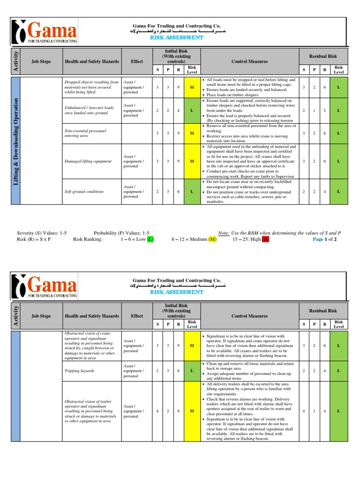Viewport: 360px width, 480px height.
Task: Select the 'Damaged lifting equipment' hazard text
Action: point(88,161)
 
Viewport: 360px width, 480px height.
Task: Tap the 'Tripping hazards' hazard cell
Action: point(79,370)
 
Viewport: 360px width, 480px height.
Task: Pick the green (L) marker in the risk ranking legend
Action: point(150,239)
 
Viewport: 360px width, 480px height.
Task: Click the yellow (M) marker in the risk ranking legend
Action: point(212,239)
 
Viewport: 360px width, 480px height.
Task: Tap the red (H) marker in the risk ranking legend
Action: point(266,239)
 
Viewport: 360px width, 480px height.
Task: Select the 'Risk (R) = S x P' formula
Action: point(33,239)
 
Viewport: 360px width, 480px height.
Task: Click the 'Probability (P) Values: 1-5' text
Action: point(121,232)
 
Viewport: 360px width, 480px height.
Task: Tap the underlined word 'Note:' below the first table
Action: point(225,232)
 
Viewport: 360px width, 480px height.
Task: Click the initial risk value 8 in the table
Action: point(178,411)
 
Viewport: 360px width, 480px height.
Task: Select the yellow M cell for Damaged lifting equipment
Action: point(192,161)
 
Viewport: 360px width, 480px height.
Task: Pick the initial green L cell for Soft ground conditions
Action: point(192,192)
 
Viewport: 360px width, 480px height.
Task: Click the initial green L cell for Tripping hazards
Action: point(192,370)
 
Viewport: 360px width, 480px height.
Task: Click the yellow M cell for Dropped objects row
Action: point(192,87)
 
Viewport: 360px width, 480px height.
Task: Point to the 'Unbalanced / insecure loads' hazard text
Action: point(89,110)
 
